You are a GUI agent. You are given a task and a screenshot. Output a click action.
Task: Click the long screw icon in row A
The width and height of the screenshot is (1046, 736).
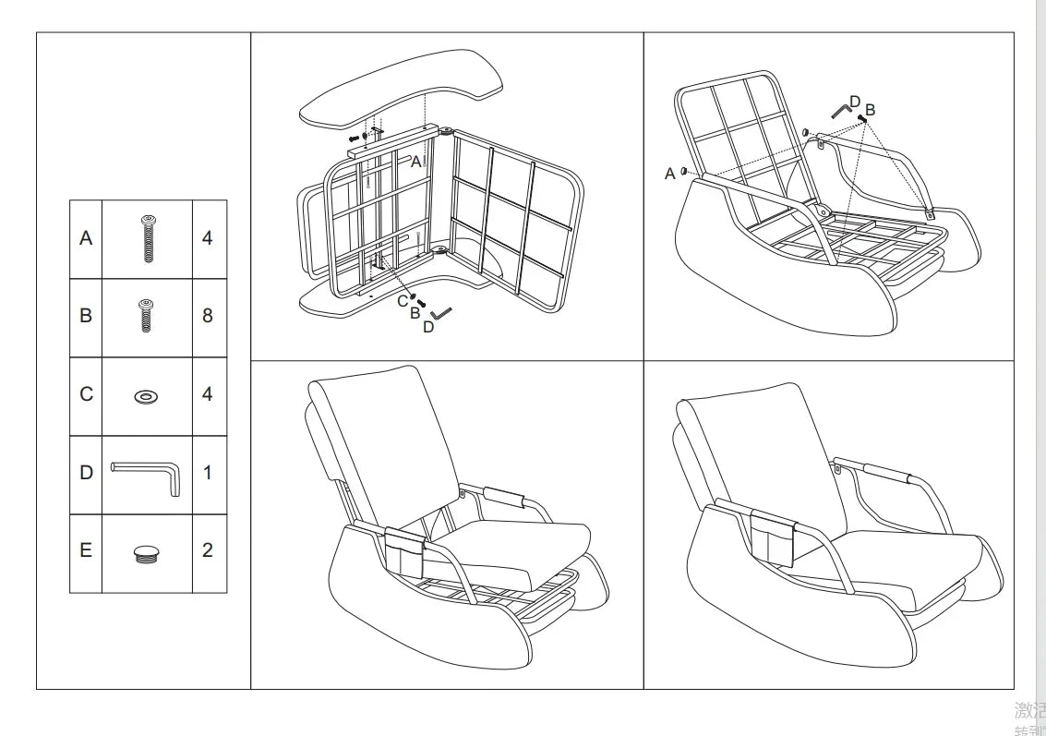[147, 238]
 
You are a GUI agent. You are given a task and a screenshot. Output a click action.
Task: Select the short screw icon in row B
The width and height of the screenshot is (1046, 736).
[146, 316]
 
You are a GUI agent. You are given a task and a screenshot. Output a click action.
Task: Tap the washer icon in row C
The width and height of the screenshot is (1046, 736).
[146, 396]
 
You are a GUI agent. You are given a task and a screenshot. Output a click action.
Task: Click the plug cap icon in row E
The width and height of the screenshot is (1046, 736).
[146, 553]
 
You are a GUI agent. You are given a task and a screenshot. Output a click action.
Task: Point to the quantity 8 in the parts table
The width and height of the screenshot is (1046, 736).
[207, 316]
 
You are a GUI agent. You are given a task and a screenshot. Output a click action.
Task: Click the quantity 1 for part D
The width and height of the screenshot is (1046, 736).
[207, 473]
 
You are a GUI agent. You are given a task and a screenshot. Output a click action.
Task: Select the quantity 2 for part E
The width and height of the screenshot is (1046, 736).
[207, 550]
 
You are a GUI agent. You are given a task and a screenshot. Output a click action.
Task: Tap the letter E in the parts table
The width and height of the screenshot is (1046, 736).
[86, 550]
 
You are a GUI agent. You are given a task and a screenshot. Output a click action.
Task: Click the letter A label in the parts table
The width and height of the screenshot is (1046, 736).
[86, 238]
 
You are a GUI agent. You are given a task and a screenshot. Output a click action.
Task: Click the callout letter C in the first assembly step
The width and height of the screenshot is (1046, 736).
[403, 301]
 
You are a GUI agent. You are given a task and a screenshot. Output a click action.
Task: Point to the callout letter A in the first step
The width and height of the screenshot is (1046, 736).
[415, 162]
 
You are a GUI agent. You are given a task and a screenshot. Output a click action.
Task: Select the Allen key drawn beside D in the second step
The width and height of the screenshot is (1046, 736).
[841, 111]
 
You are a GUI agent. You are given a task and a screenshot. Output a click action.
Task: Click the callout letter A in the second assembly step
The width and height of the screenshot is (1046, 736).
[670, 174]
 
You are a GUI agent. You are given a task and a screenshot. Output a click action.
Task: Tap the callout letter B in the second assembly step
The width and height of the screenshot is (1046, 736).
[870, 110]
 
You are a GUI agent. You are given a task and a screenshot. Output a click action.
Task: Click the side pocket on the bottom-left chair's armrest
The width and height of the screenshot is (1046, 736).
[403, 552]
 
